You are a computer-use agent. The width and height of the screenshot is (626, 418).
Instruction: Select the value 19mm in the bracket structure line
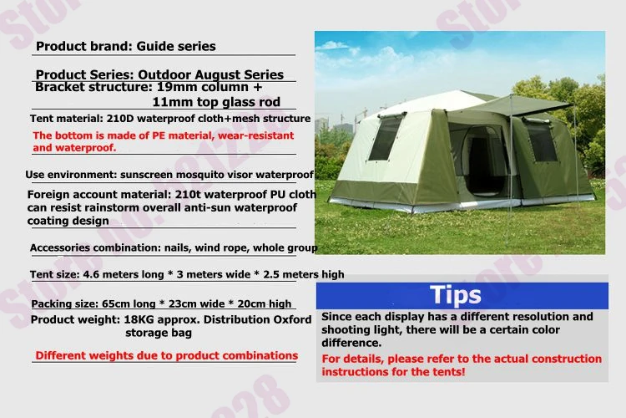point(176,87)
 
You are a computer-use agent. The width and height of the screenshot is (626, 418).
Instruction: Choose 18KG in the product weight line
point(138,319)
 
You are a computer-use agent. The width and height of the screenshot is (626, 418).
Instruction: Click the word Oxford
point(292,319)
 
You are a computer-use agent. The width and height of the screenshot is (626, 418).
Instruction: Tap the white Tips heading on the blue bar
point(456,295)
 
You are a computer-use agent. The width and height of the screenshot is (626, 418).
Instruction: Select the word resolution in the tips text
point(541,316)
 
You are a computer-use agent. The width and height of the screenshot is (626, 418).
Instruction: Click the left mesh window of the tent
point(385,138)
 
